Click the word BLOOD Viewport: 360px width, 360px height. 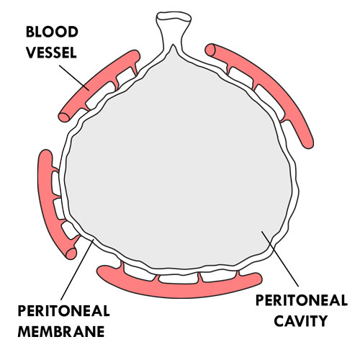point(52,32)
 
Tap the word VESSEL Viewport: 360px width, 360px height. point(51,53)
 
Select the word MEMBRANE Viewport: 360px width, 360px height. point(61,331)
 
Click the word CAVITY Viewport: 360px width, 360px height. point(301,321)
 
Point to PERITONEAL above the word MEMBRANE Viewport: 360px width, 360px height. point(63,311)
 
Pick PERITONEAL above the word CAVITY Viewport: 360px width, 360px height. point(302,300)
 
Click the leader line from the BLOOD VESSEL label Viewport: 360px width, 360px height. point(74,78)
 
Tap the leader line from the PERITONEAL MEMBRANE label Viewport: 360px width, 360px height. point(77,269)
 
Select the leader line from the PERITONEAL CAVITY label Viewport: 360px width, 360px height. point(280,258)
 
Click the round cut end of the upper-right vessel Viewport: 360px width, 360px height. point(210,50)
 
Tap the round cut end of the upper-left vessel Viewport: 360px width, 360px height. point(64,117)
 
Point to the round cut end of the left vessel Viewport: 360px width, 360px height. point(71,253)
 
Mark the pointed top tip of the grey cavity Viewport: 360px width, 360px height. point(173,45)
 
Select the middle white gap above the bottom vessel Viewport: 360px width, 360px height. point(179,279)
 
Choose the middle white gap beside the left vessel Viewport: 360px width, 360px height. point(59,208)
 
